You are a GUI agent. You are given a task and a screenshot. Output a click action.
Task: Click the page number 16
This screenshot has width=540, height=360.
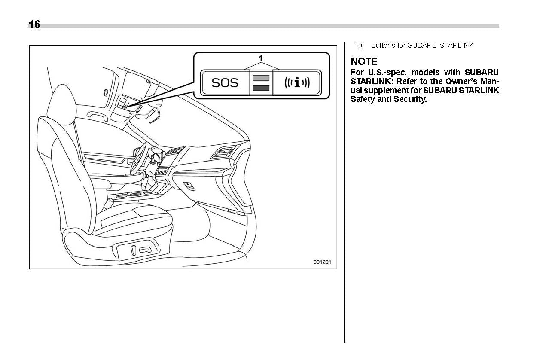[34, 25]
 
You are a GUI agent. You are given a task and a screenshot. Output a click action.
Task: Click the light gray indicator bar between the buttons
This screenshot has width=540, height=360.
[261, 78]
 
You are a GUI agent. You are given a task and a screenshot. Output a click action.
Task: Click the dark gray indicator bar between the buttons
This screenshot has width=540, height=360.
[261, 88]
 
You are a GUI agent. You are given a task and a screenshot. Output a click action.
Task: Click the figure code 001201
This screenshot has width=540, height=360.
[322, 262]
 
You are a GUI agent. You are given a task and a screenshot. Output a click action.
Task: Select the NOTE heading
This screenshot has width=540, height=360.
[364, 61]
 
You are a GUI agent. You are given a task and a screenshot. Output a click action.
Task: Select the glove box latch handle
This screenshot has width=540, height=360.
[189, 186]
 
